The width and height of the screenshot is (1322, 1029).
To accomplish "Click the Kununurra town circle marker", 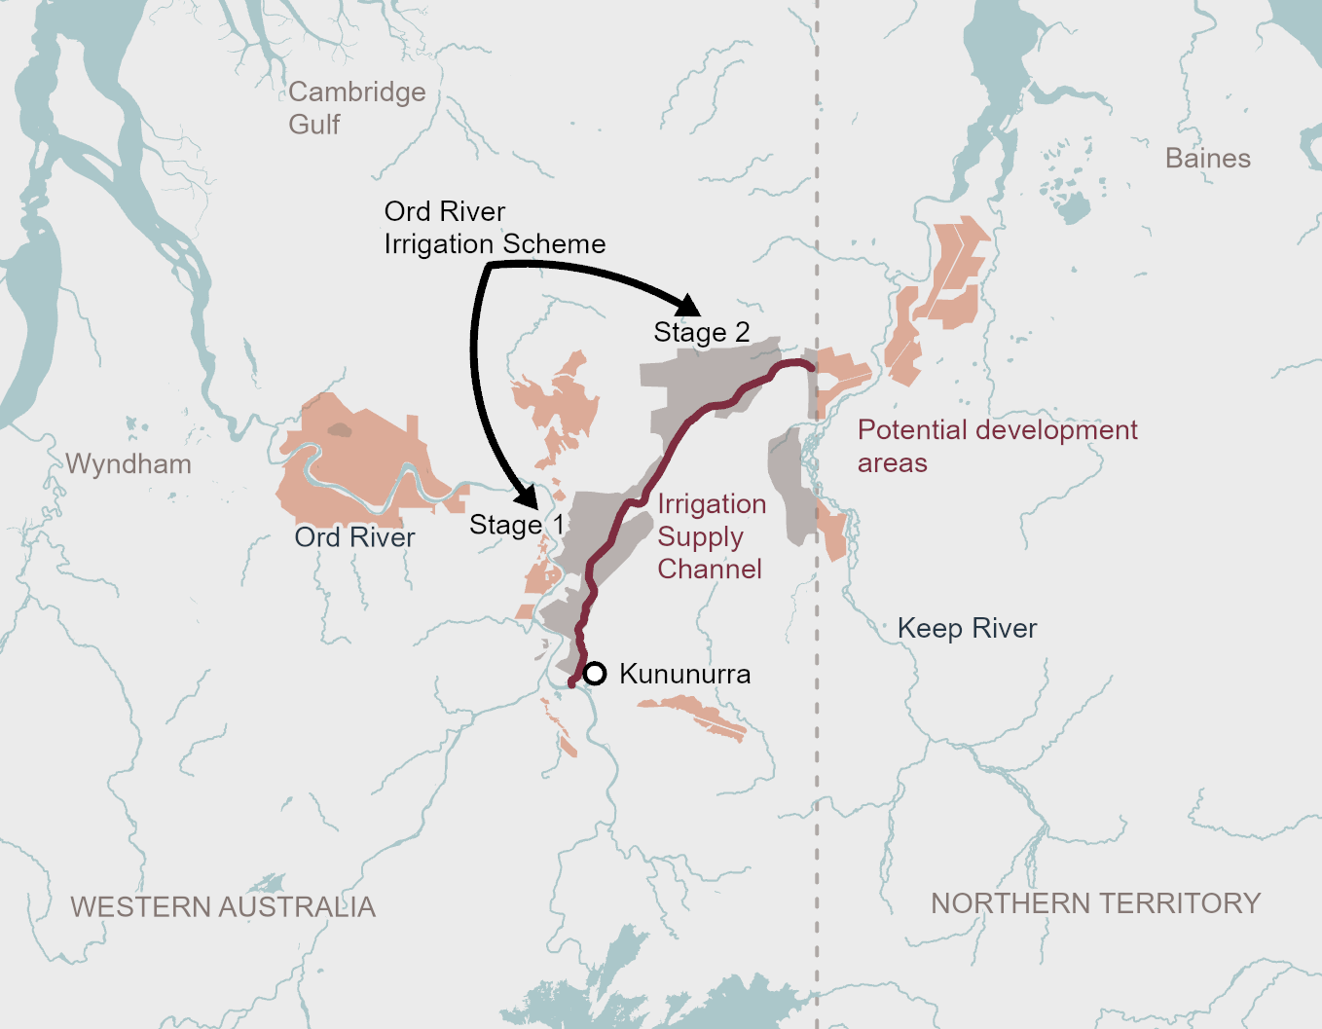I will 595,673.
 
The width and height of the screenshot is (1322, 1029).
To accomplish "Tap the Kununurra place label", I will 684,674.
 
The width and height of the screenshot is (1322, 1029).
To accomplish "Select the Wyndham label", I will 129,463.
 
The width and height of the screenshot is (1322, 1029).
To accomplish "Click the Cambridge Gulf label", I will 356,107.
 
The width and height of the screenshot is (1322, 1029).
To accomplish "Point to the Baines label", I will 1207,158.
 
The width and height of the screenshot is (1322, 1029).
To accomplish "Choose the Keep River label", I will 967,628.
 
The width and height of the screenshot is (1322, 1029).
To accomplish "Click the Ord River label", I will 354,537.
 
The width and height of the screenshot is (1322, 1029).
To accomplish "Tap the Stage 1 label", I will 516,525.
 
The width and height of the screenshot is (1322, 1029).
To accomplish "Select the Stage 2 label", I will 701,332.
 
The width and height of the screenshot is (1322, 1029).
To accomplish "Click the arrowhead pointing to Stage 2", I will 687,305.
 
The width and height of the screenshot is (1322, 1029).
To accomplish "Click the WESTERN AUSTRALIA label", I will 223,906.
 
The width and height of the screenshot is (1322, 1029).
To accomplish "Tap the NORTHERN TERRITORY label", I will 1095,902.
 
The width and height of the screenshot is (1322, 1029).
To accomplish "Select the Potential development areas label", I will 997,446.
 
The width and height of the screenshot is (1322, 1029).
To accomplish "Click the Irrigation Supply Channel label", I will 711,536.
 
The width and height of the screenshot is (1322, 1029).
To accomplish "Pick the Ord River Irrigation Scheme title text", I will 495,227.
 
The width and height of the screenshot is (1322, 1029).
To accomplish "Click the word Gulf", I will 314,125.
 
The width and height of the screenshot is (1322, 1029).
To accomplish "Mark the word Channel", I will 710,569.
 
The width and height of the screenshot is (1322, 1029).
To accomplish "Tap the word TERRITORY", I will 1180,902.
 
